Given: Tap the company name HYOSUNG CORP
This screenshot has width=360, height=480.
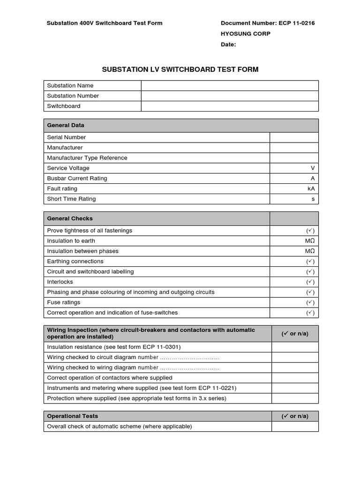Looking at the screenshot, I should pyautogui.click(x=245, y=34).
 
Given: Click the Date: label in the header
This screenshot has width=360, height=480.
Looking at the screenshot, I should pyautogui.click(x=228, y=45).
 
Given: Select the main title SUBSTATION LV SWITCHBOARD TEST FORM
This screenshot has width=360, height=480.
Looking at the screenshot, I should pyautogui.click(x=180, y=69).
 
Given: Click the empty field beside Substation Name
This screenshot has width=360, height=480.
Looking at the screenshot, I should pyautogui.click(x=230, y=85).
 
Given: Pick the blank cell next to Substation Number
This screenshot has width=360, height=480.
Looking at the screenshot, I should pyautogui.click(x=230, y=96).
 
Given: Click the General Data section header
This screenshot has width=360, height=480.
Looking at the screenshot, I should pyautogui.click(x=66, y=125).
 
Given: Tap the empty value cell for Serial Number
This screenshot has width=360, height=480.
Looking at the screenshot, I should pyautogui.click(x=294, y=137).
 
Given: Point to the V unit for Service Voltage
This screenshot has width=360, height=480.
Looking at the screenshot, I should pyautogui.click(x=312, y=168).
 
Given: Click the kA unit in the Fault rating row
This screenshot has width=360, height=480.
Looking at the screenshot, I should pyautogui.click(x=311, y=189).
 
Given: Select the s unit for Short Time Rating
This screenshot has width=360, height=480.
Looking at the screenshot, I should pyautogui.click(x=313, y=199).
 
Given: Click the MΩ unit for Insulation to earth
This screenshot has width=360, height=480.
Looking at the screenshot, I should pyautogui.click(x=310, y=241).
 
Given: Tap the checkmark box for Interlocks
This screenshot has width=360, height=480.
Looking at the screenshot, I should pyautogui.click(x=310, y=282).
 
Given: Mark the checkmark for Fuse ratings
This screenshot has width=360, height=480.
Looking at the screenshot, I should pyautogui.click(x=310, y=303).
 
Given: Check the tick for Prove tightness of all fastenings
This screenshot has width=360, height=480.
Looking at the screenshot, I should pyautogui.click(x=310, y=231).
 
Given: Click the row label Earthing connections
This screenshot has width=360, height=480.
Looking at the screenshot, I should pyautogui.click(x=75, y=262).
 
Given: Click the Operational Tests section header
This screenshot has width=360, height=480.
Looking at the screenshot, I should pyautogui.click(x=73, y=416).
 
